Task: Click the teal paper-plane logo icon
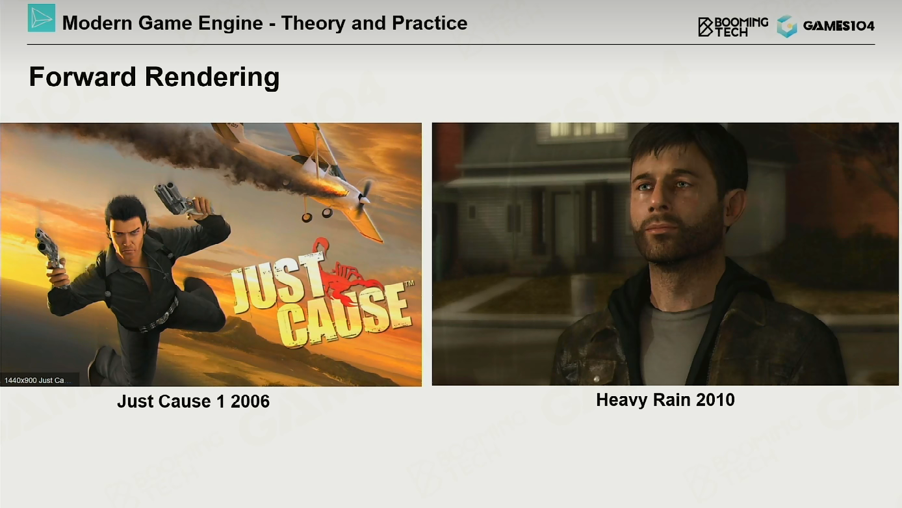(42, 18)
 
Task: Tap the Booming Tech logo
(733, 27)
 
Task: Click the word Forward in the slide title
(83, 77)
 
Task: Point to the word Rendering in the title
(212, 77)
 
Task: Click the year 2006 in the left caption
(250, 401)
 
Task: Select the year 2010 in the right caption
(715, 400)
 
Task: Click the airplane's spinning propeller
(365, 198)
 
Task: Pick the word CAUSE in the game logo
(346, 317)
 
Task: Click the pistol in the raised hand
(177, 200)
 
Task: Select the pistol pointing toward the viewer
(48, 248)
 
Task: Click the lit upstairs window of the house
(582, 129)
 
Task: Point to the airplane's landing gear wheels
(317, 215)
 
